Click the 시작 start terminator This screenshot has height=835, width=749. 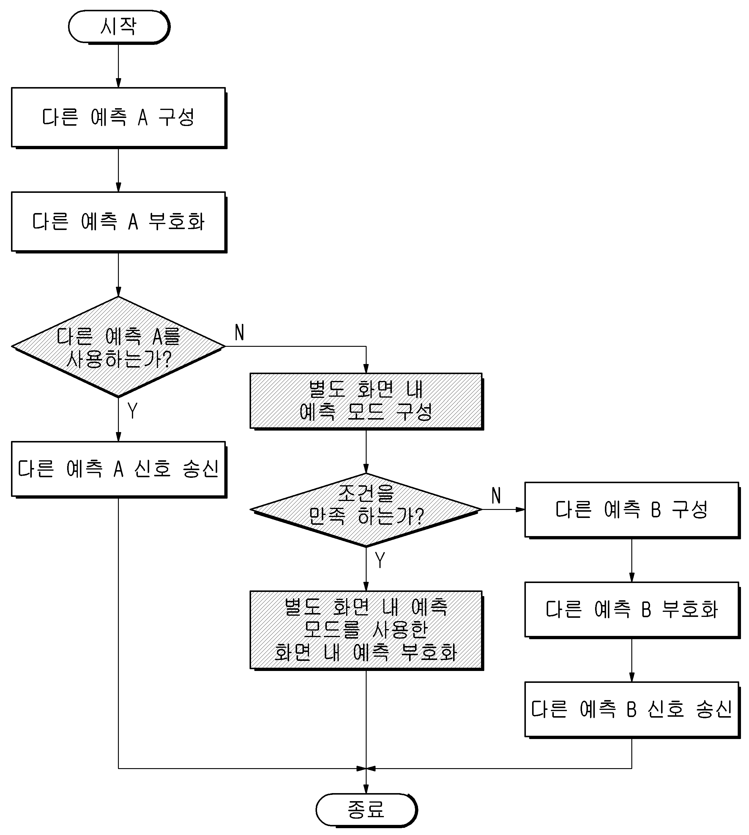(x=119, y=27)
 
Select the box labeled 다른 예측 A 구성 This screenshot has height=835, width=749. (x=119, y=118)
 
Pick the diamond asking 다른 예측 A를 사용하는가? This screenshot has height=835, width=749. (x=119, y=346)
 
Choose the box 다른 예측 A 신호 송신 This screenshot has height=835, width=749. (x=119, y=469)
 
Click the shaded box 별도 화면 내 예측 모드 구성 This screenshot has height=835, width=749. (x=366, y=401)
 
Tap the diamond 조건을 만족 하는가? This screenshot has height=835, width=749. (x=366, y=510)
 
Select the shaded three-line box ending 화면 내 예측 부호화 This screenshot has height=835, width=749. (x=366, y=630)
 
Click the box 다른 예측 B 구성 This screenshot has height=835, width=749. (x=632, y=510)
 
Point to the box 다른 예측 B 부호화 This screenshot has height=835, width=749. (x=632, y=610)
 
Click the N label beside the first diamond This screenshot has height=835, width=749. (x=239, y=332)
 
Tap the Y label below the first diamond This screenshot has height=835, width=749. (x=133, y=410)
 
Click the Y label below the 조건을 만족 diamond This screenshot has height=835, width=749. (x=380, y=560)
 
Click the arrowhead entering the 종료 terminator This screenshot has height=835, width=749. (x=366, y=789)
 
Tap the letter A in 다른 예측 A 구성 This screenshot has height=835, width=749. (x=143, y=118)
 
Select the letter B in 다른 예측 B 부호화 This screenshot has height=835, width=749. (x=646, y=610)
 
